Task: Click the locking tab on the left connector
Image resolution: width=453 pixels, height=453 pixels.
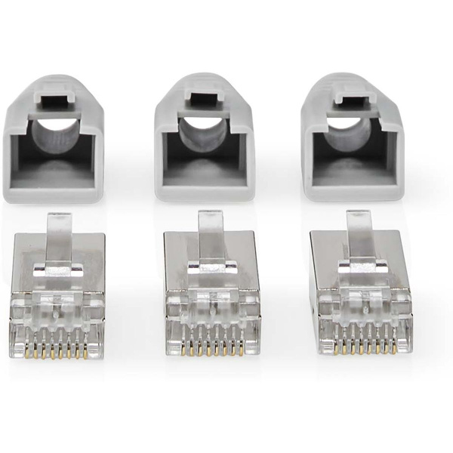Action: pyautogui.click(x=59, y=230)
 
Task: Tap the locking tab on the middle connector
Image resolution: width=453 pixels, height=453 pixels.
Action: pyautogui.click(x=209, y=230)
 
